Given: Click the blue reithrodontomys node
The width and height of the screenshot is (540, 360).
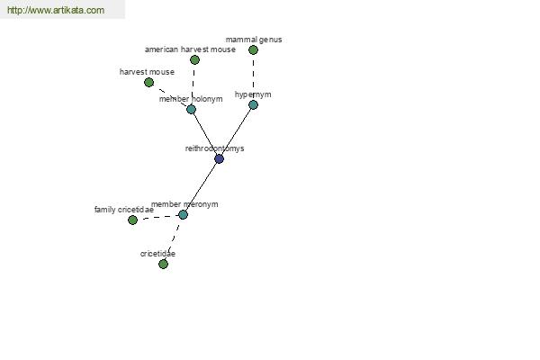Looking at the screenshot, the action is pos(219,158).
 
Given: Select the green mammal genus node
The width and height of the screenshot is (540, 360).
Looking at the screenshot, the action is pos(253,50).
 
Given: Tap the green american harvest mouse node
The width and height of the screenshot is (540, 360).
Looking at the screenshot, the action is pos(194,60).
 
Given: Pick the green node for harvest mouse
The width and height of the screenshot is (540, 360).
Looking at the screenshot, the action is pos(148,82).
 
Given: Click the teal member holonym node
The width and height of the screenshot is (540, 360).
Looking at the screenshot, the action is pos(191,109).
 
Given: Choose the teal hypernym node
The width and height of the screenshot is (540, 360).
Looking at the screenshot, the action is pos(253,104).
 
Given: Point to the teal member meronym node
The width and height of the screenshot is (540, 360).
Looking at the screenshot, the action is pos(183,214).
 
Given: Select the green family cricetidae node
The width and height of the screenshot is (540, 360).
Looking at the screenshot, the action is pos(132,220).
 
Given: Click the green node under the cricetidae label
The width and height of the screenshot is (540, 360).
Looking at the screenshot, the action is pos(163,265).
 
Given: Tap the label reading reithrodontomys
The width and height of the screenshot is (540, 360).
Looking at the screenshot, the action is pos(214,148).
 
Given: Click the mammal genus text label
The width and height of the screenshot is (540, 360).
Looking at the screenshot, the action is pos(254,40).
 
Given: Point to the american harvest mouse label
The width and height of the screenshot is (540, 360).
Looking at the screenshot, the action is pos(190,49).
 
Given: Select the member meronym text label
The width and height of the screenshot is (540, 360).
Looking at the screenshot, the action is pos(184,204).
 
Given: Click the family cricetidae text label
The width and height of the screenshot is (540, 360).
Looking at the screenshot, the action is pos(124,210).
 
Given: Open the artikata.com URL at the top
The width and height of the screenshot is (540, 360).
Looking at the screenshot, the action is pos(56,10).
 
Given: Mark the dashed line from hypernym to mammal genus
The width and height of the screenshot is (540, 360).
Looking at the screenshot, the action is pos(253,77).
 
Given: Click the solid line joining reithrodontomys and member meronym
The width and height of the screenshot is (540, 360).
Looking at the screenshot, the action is pos(201,186).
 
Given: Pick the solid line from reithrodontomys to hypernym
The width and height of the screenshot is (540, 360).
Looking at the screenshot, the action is pos(236,132).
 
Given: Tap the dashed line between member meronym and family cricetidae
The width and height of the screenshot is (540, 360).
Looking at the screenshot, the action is pos(157,218).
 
